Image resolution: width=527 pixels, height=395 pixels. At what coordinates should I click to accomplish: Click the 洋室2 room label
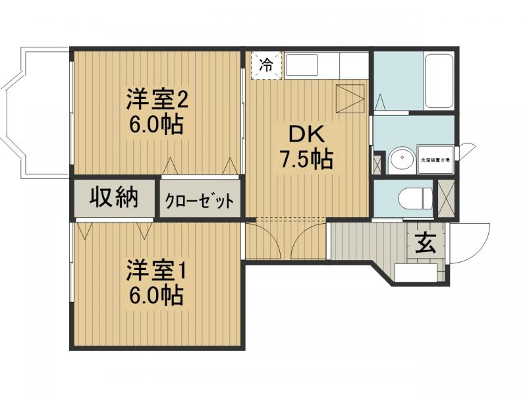(x=157, y=101)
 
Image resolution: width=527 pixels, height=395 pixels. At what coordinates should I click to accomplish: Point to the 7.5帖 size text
(x=306, y=159)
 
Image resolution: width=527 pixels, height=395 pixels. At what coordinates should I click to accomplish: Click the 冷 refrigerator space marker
(x=266, y=65)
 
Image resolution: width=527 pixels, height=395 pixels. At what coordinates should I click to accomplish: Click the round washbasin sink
(x=399, y=160)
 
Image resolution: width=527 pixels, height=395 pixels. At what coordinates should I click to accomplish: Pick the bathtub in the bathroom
(x=438, y=81)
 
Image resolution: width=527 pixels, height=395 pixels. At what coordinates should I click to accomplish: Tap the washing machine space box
(x=436, y=159)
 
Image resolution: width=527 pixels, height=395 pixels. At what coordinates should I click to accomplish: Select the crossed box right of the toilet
(x=445, y=197)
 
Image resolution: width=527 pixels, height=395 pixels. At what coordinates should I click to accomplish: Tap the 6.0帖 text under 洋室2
(x=157, y=124)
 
